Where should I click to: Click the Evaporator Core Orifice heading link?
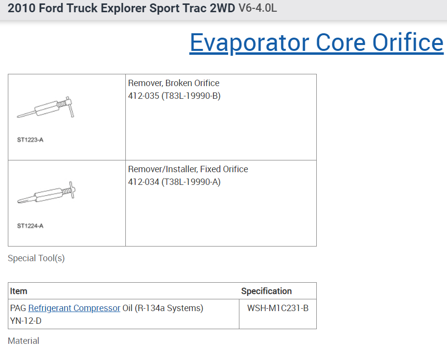point(316,43)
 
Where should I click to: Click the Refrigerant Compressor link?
point(74,308)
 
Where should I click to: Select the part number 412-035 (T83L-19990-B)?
point(174,96)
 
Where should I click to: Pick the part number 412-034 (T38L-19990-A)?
point(174,181)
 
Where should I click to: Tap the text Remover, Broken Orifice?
point(174,83)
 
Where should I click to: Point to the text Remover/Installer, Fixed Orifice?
point(188,169)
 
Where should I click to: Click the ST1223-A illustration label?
point(30,139)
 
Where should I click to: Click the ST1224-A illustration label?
point(30,226)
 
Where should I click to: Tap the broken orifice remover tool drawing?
point(46,107)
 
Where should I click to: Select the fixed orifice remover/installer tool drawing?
point(46,192)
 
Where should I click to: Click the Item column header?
point(19,291)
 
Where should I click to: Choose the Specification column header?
point(266,291)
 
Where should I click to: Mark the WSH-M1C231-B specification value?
point(278,308)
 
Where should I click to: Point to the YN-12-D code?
point(25,321)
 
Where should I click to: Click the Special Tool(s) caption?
point(36,258)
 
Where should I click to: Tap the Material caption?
point(24,340)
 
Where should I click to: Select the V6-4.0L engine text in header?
point(258,8)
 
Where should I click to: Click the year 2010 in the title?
point(21,8)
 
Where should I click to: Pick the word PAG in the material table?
point(18,308)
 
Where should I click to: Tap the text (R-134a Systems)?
point(169,308)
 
